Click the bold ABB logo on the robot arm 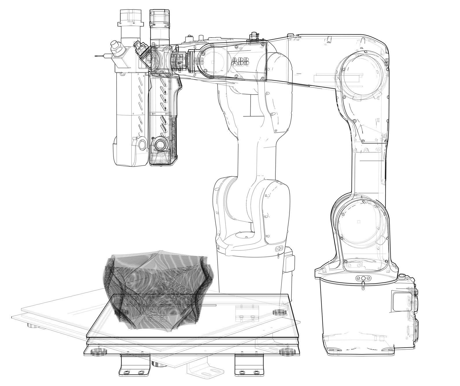point(240,62)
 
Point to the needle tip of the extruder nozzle point(95,56)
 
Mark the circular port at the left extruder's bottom point(141,145)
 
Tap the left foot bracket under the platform point(135,364)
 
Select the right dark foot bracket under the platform point(249,364)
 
